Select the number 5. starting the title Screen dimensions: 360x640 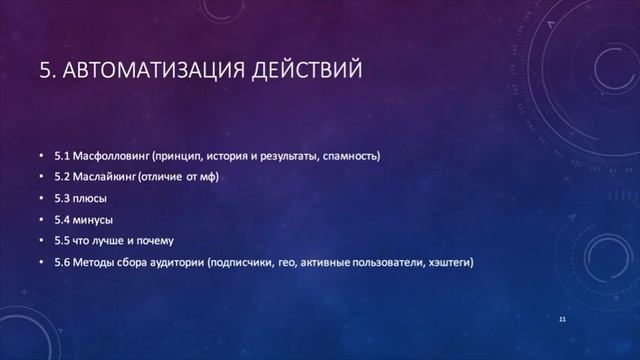[x=47, y=71]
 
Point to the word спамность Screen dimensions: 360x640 [x=351, y=156]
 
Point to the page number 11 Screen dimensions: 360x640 [x=563, y=318]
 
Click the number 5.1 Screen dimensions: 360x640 [x=63, y=156]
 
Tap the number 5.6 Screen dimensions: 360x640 [x=63, y=263]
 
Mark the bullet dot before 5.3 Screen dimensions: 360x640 [x=41, y=198]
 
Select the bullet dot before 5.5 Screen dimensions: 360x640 [x=41, y=241]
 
